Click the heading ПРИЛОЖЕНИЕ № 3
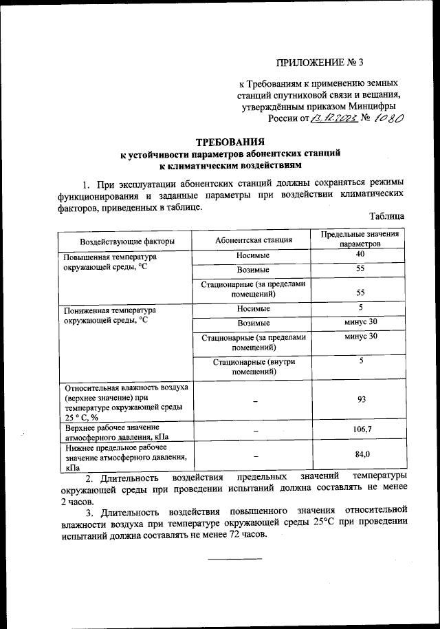320,63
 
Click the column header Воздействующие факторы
126,241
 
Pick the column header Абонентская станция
253,240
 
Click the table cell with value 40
360,255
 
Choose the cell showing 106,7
360,430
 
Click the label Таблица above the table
386,216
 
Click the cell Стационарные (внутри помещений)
253,366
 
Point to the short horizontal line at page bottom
235,558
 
